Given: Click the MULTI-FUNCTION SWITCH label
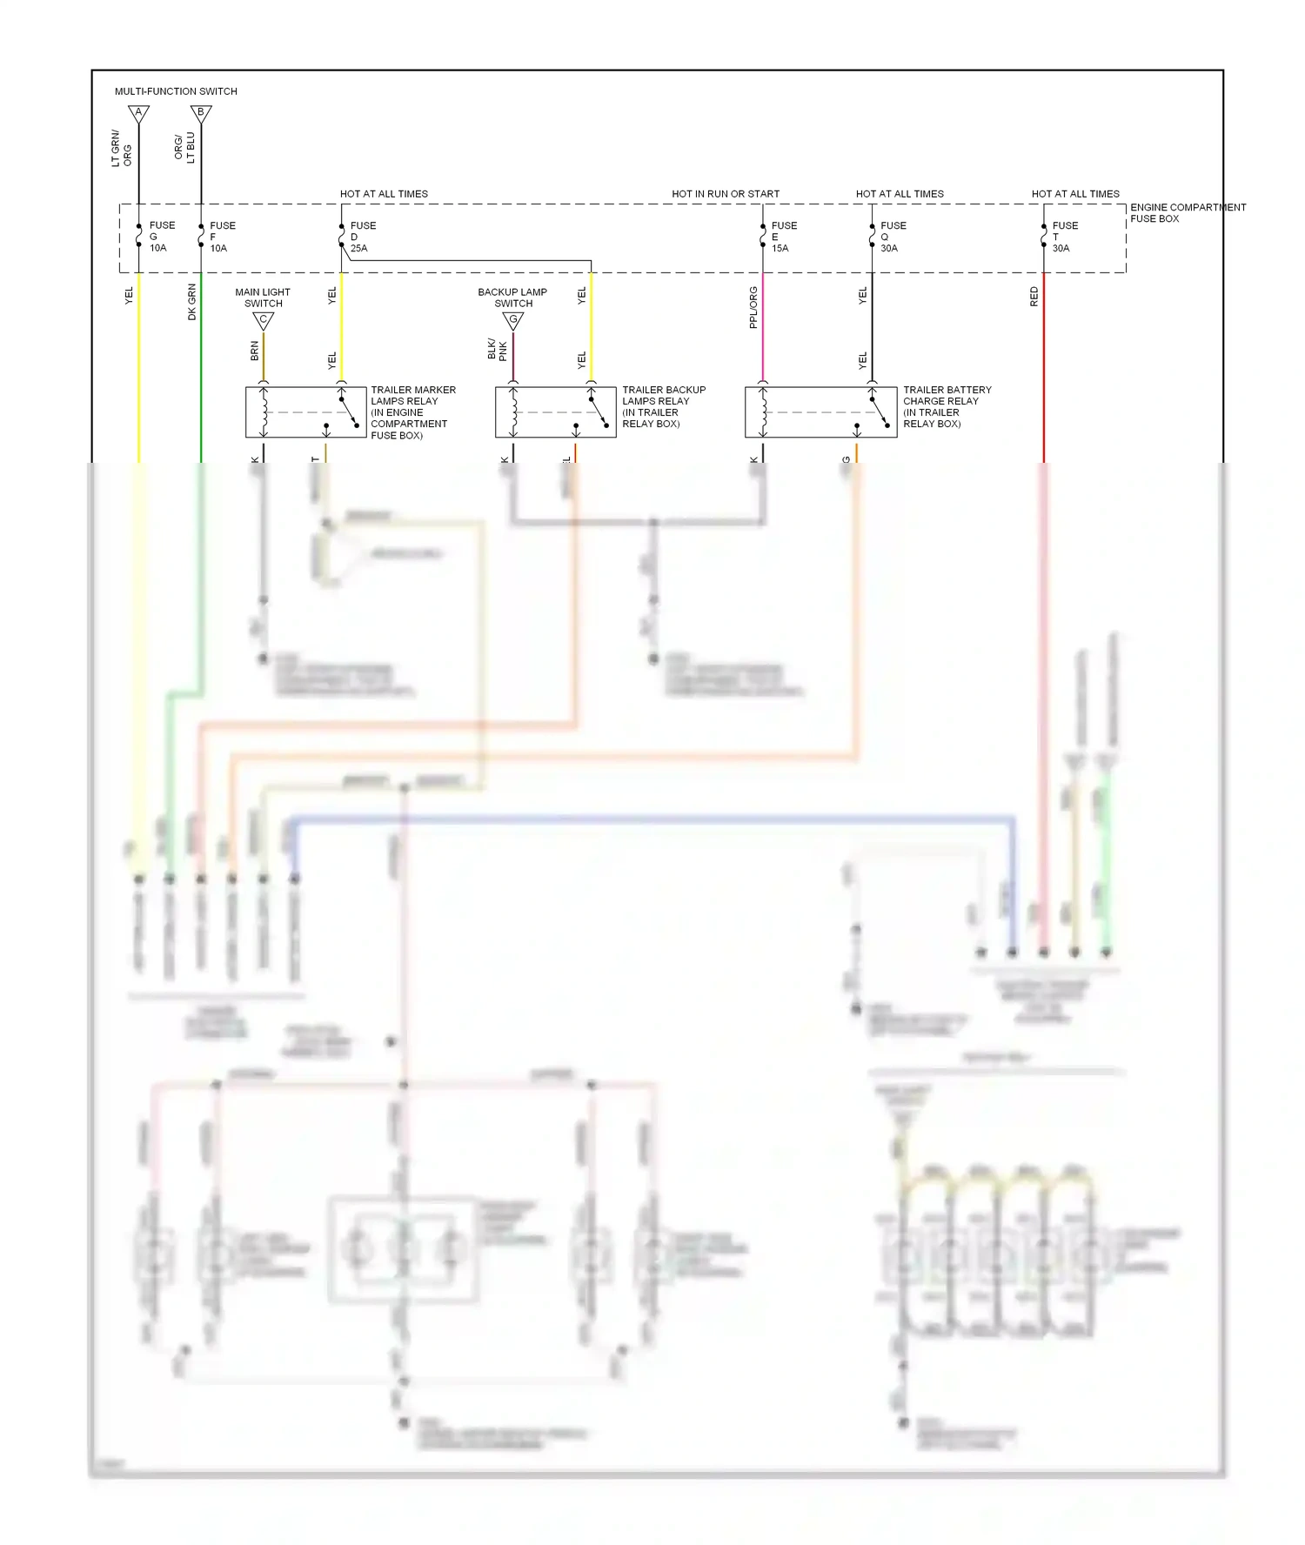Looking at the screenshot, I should (176, 91).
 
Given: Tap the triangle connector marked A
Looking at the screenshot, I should (138, 113).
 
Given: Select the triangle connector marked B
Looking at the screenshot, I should (201, 113).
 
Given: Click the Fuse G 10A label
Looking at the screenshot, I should (161, 237).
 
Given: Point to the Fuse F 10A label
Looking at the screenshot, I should (222, 237).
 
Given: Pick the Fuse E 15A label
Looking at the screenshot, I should (783, 237).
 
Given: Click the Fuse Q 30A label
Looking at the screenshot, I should (893, 237).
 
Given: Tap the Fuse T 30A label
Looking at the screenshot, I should (1064, 237).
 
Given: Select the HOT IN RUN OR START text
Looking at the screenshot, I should (726, 194).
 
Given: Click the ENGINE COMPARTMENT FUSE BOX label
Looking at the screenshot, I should (1188, 213).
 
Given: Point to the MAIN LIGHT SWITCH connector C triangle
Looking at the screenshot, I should (264, 321).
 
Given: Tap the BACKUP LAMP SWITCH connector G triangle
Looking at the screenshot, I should (513, 321).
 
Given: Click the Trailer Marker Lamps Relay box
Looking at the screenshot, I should (305, 412).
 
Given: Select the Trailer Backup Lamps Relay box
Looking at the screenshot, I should (555, 412).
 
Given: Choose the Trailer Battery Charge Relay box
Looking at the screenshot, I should (820, 412).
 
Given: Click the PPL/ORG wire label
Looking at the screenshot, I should (753, 308).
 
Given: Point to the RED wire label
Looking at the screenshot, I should (1034, 297).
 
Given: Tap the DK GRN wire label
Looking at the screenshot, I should (192, 302).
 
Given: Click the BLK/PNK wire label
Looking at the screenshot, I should (497, 350).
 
